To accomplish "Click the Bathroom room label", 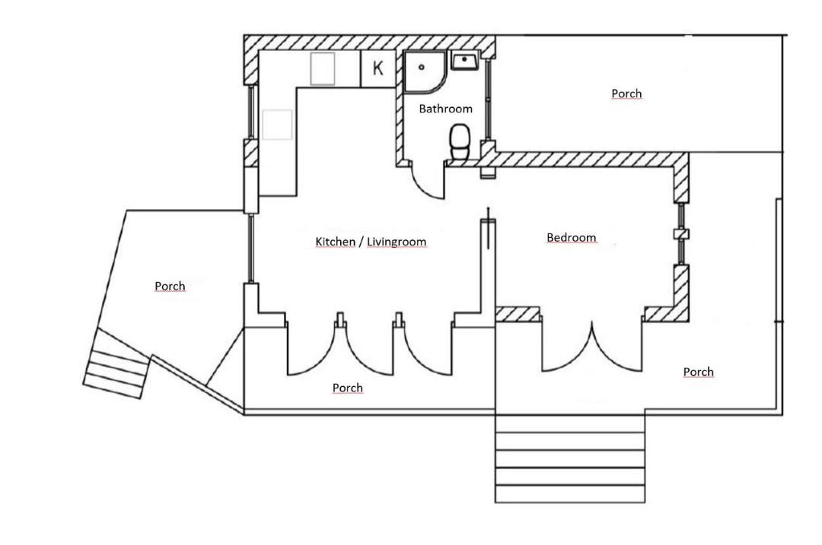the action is [x=445, y=109].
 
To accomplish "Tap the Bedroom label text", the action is [x=572, y=238].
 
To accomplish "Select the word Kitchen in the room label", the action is [x=335, y=242].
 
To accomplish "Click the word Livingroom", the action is [x=397, y=242].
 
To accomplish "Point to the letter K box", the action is [x=378, y=68].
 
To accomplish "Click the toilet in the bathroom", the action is [x=460, y=142].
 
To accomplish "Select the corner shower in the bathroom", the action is [x=425, y=72].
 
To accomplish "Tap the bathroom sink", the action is [x=464, y=61].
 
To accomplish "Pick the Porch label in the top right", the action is [x=626, y=93].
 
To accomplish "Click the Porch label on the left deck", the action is [x=170, y=287].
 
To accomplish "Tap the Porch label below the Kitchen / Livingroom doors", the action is [x=348, y=388].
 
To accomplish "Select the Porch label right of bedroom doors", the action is [x=698, y=372].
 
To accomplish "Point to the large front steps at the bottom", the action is [x=570, y=458].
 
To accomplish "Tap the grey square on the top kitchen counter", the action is [x=323, y=68].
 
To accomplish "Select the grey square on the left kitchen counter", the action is [x=277, y=125].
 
